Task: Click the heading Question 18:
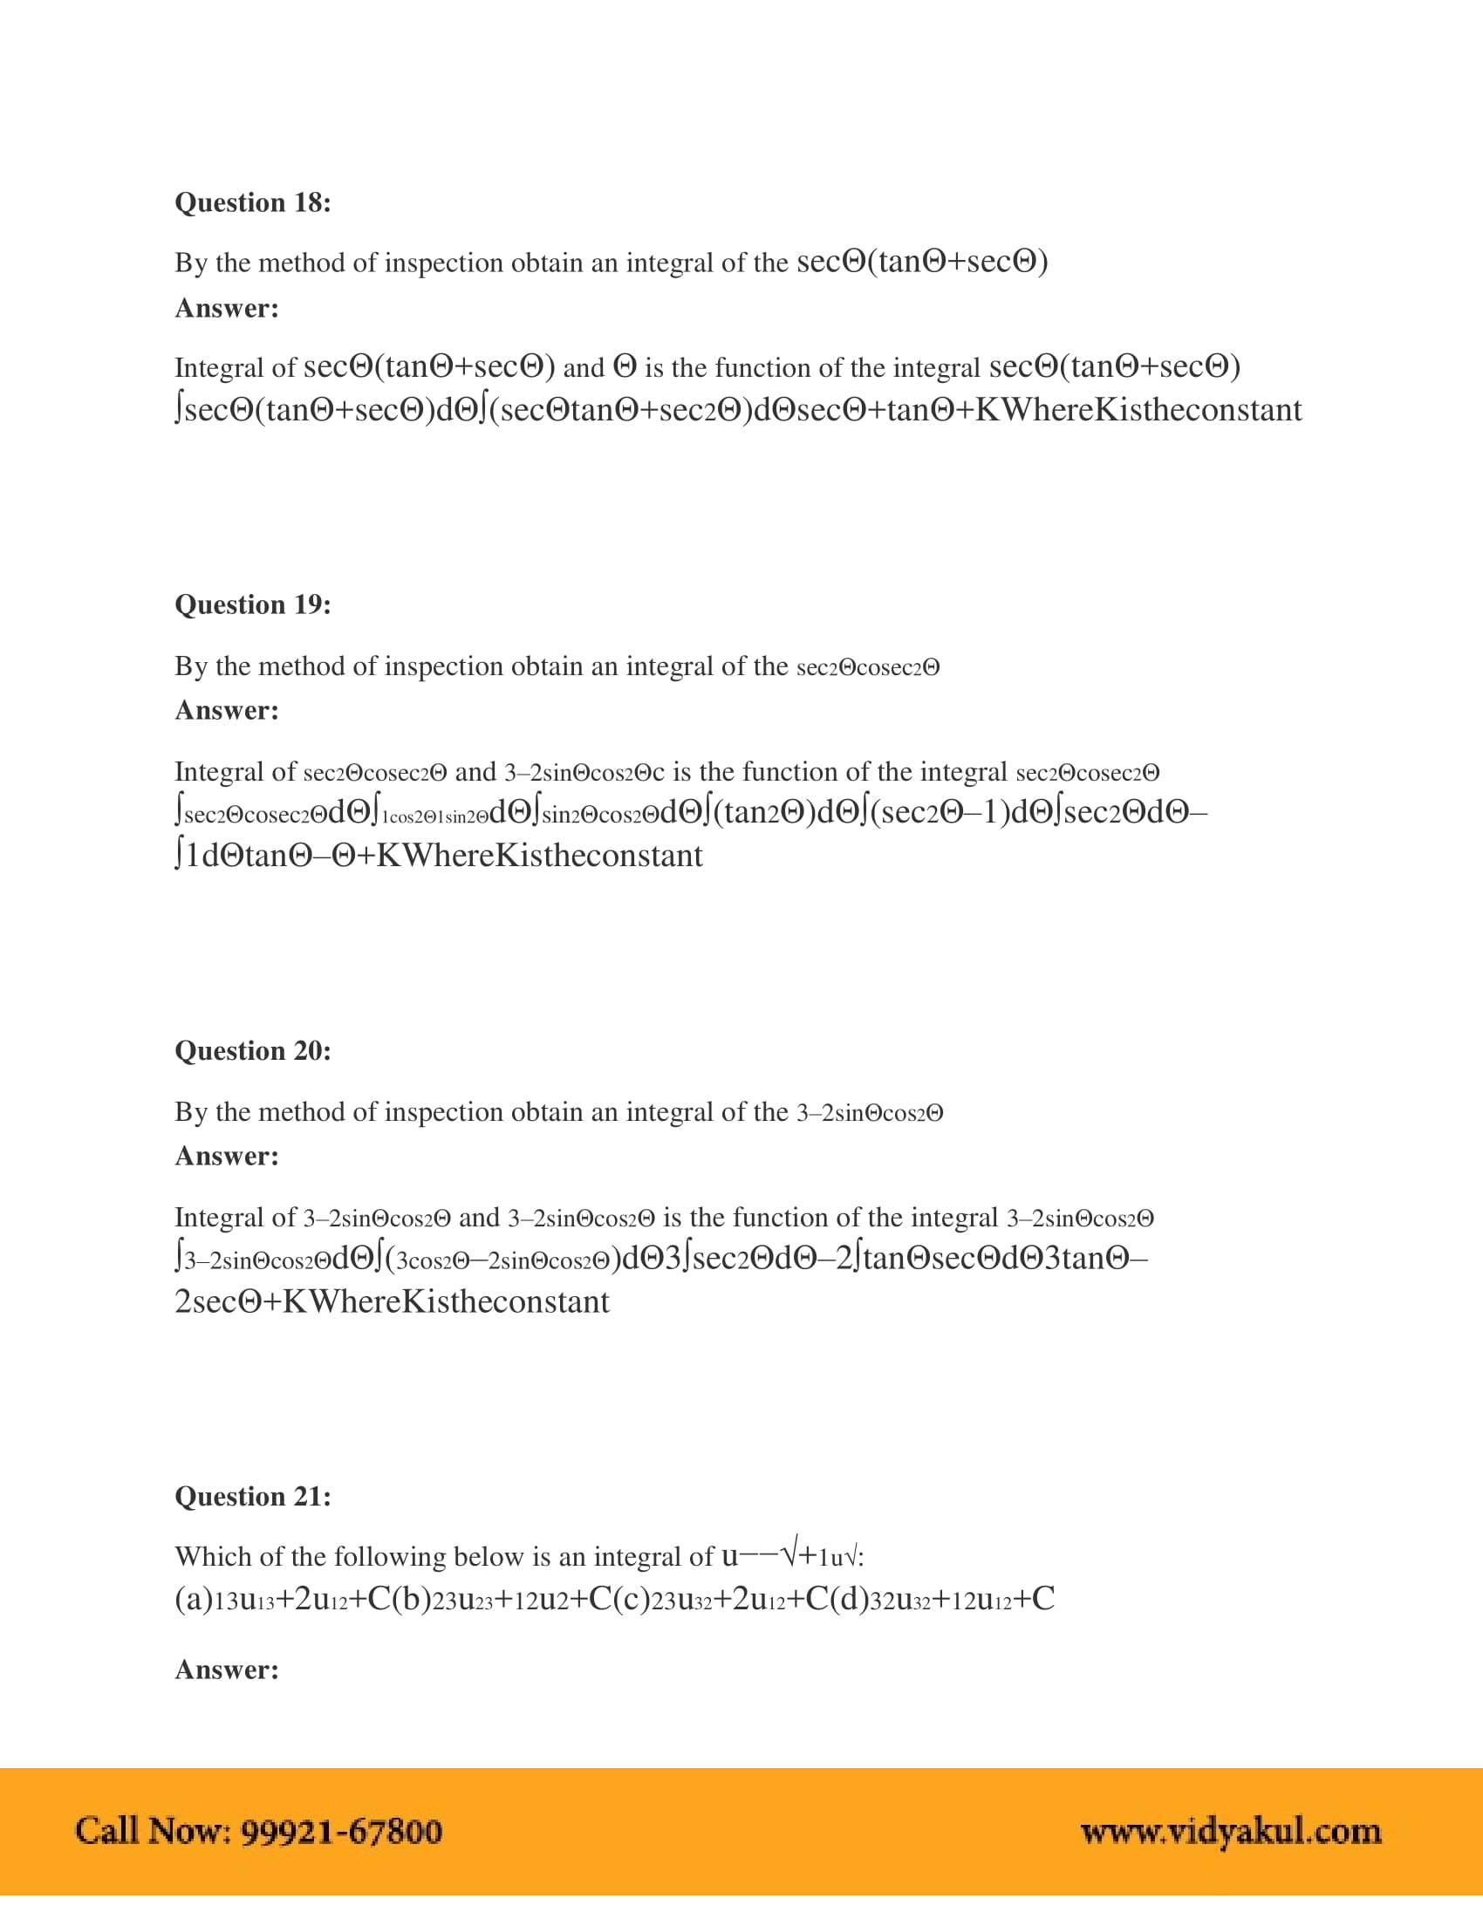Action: pos(252,203)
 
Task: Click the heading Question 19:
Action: pos(252,604)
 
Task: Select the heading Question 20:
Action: pos(252,1051)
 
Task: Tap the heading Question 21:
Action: pos(252,1496)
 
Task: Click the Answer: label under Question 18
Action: pos(227,309)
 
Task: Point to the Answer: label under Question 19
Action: pos(227,710)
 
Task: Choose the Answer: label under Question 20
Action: pos(227,1157)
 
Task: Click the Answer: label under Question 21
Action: pos(227,1670)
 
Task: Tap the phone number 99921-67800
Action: pos(341,1831)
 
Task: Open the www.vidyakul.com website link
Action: pos(1230,1831)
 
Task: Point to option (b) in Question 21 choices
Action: pos(411,1599)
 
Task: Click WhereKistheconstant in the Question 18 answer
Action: pos(1151,410)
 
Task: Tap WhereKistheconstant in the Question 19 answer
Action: pos(551,856)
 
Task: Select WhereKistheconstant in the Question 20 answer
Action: pos(459,1302)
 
